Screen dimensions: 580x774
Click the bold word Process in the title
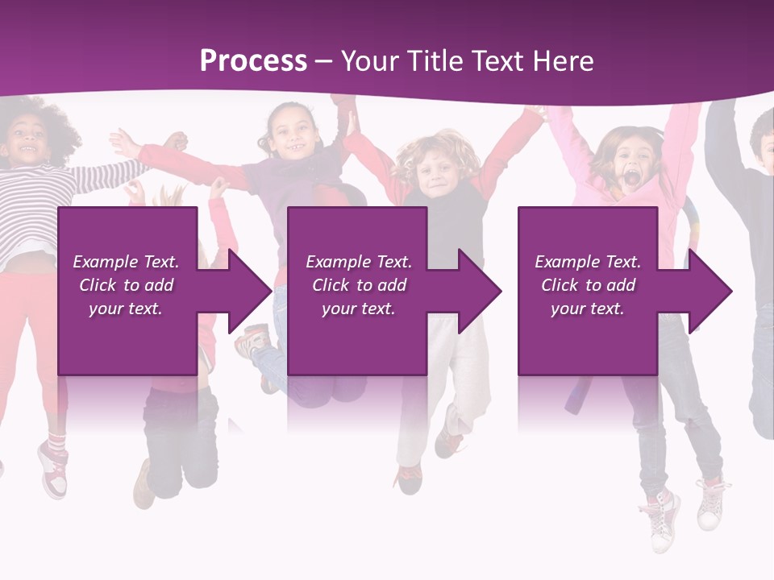(x=253, y=61)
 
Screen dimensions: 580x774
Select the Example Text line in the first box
(x=126, y=262)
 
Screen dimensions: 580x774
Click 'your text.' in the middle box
(x=358, y=309)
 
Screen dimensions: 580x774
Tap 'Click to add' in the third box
(x=588, y=285)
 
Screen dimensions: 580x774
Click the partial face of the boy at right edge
(x=763, y=145)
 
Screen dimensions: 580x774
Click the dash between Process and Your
(x=323, y=61)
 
